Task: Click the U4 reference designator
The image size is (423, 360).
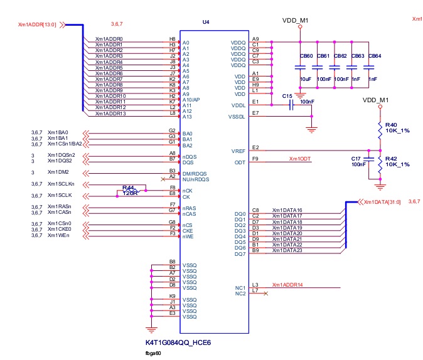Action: coord(206,22)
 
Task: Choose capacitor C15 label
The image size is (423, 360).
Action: coord(287,96)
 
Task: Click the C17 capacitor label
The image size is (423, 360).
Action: coord(356,159)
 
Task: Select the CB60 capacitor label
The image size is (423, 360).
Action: coord(306,56)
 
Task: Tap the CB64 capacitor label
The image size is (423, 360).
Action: coord(374,56)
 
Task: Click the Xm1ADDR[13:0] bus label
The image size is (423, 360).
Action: coord(37,25)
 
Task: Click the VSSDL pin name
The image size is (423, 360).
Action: coord(236,117)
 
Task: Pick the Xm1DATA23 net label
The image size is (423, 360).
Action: coord(287,250)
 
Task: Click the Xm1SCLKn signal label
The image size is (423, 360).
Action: coord(61,184)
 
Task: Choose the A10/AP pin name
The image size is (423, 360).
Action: coord(191,100)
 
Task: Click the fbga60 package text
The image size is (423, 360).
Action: coord(154,354)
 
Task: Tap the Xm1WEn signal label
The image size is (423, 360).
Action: coord(58,235)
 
